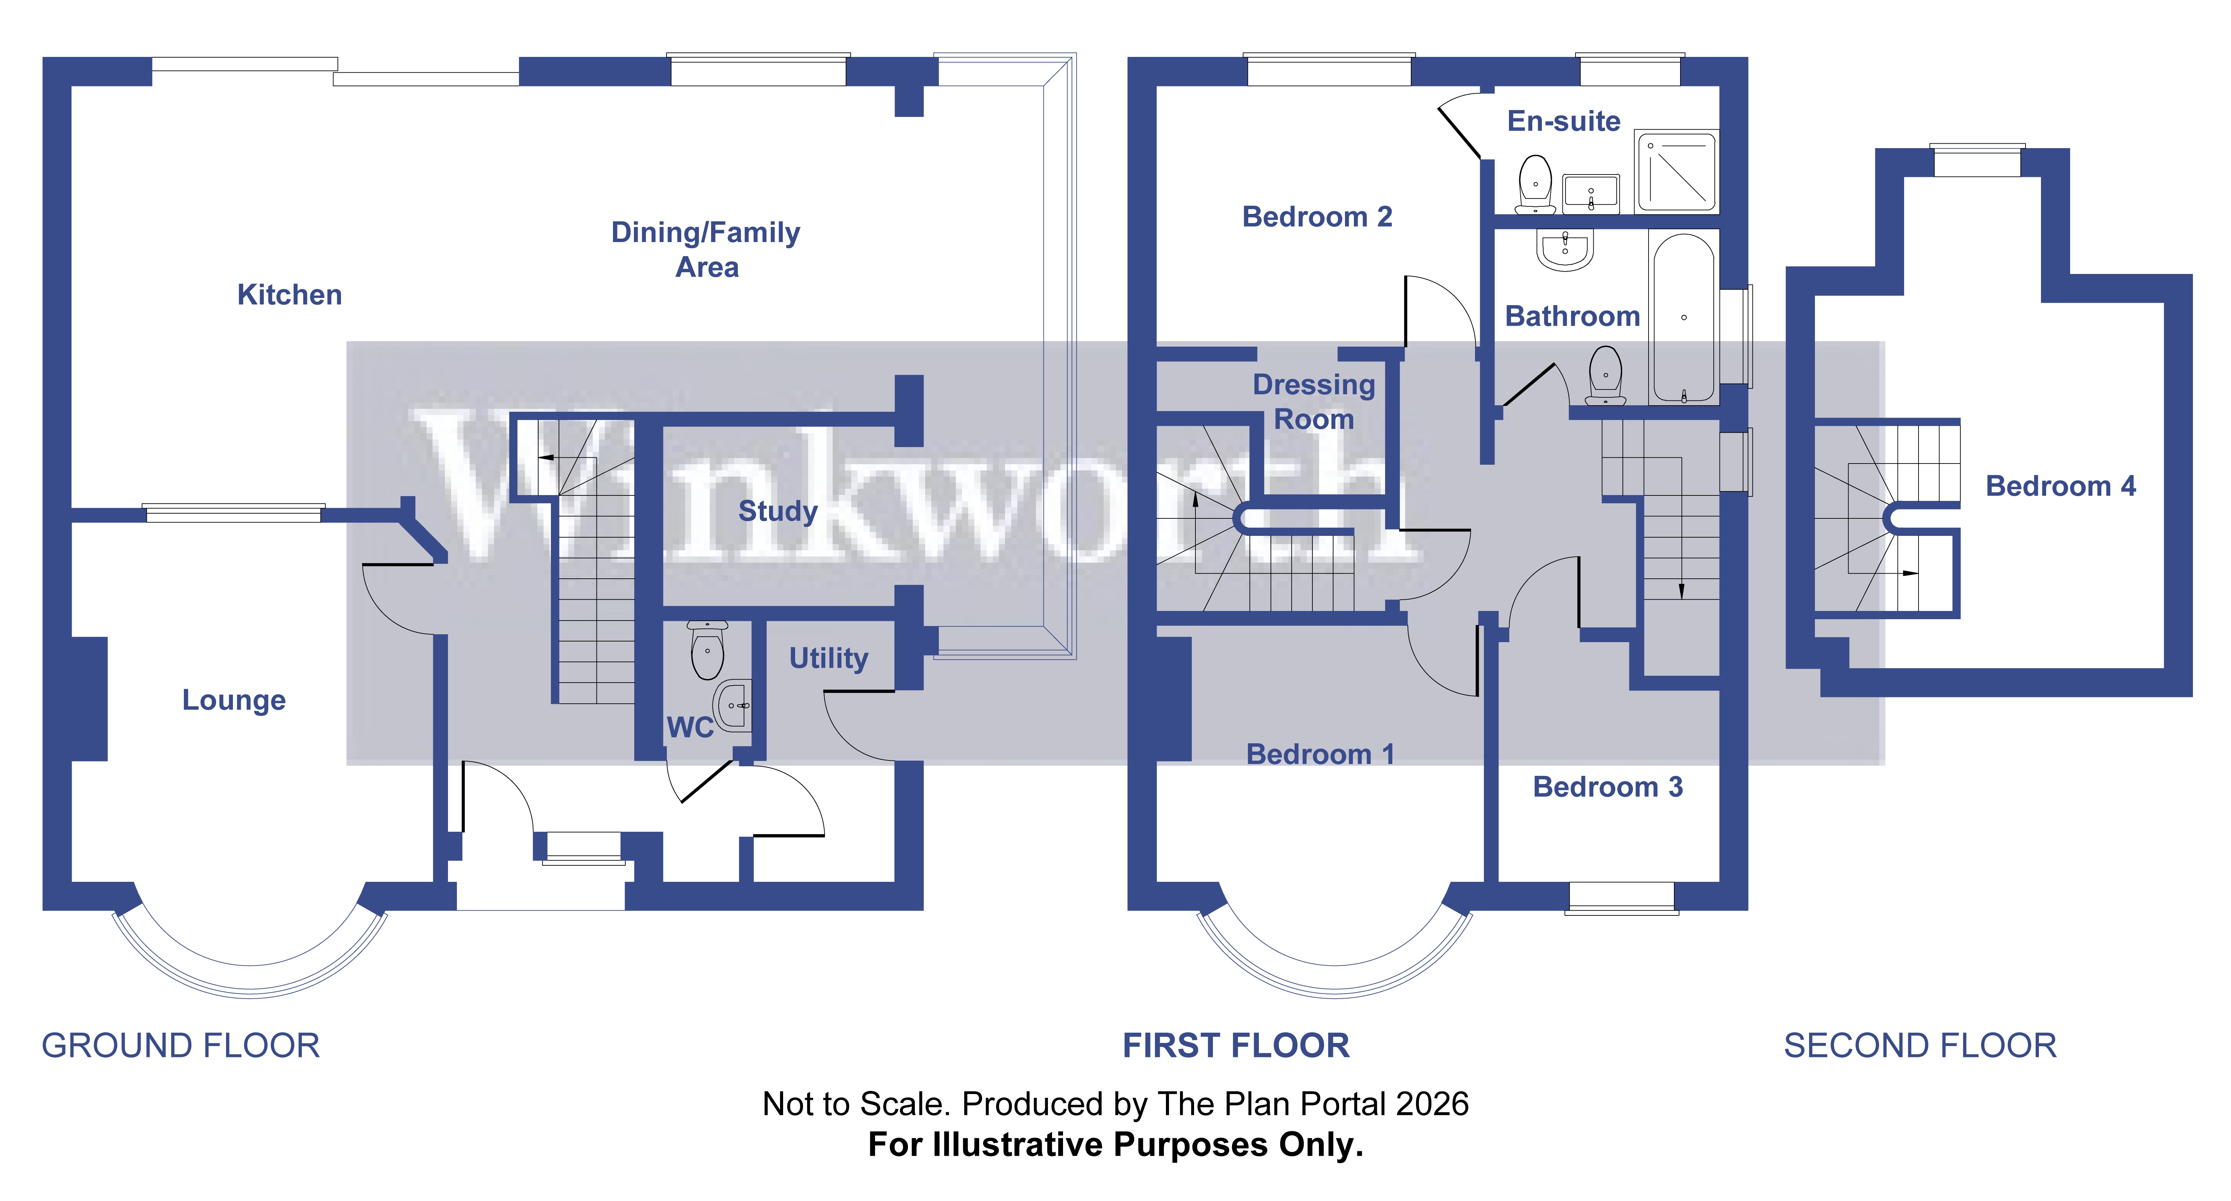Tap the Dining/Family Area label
click(x=706, y=249)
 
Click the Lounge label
click(x=233, y=700)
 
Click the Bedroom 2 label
click(x=1317, y=216)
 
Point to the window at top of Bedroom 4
click(x=1977, y=161)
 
